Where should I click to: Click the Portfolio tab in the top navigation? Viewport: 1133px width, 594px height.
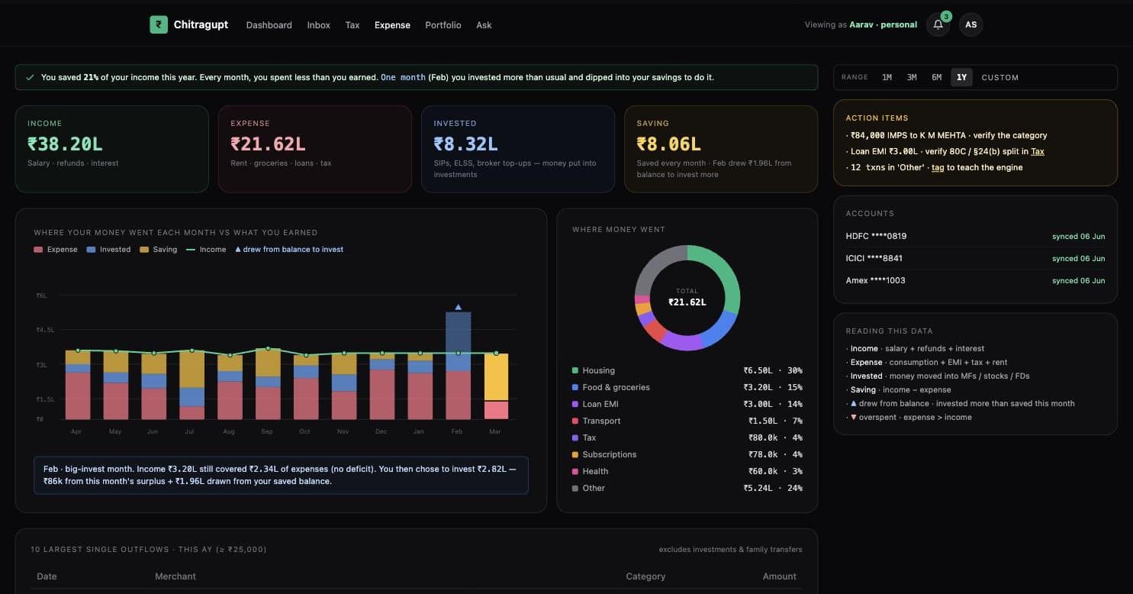[443, 24]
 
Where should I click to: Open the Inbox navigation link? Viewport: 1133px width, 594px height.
[318, 24]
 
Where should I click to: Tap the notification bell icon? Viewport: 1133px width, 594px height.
[938, 24]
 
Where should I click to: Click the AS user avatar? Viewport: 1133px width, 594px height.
[970, 24]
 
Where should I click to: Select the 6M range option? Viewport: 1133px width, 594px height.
[936, 77]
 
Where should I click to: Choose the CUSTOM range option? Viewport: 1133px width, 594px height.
[1000, 77]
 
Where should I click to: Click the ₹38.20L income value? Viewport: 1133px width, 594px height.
[66, 144]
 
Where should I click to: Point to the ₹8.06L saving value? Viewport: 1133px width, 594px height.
[668, 144]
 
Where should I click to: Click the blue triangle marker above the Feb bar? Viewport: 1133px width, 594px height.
[458, 307]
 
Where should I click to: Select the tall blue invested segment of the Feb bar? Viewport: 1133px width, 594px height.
[458, 341]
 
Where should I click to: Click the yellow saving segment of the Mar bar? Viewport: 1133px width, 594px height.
[496, 377]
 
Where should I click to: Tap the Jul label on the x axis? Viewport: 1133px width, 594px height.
[189, 431]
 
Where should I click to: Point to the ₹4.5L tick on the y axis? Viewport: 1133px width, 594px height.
[45, 330]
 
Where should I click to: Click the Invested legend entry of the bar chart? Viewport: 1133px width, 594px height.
[109, 250]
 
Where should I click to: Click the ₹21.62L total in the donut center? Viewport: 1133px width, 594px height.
[687, 302]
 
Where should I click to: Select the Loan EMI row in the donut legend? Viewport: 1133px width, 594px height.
[687, 404]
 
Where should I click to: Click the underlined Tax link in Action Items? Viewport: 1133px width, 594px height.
[1038, 151]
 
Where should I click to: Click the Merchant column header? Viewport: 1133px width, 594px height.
[175, 576]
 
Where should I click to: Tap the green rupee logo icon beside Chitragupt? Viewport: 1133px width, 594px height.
[159, 24]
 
